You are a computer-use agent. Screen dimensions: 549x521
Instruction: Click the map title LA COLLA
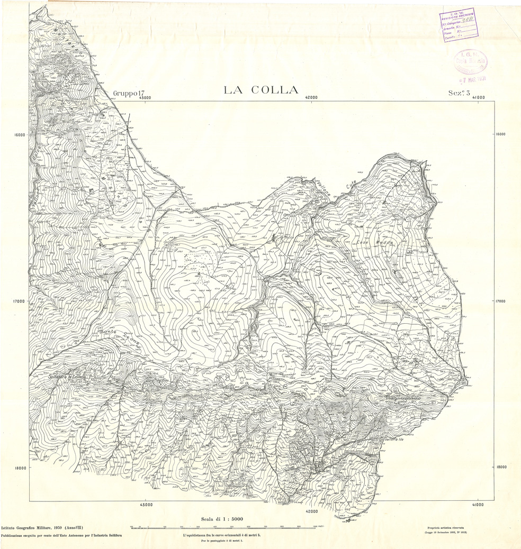[x=261, y=90]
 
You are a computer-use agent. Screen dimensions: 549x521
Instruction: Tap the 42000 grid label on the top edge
[x=311, y=97]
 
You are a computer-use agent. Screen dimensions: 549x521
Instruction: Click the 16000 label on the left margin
[x=19, y=135]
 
